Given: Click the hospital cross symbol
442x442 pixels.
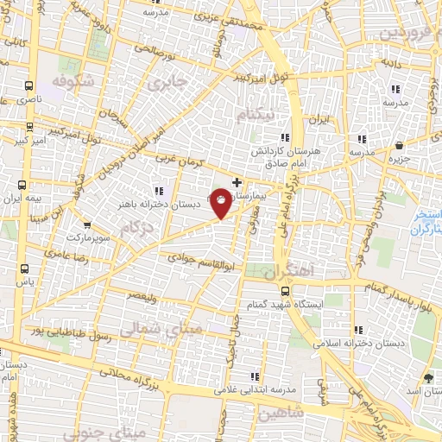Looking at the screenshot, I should coord(237,182).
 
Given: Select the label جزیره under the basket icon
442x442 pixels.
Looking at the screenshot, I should coord(397,159).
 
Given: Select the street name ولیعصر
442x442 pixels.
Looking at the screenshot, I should coord(142,294).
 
